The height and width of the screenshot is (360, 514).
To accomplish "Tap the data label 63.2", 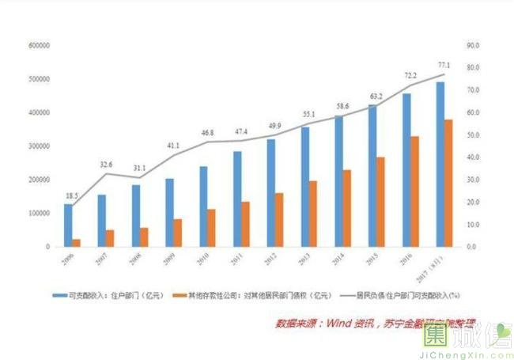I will click(376, 97).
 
